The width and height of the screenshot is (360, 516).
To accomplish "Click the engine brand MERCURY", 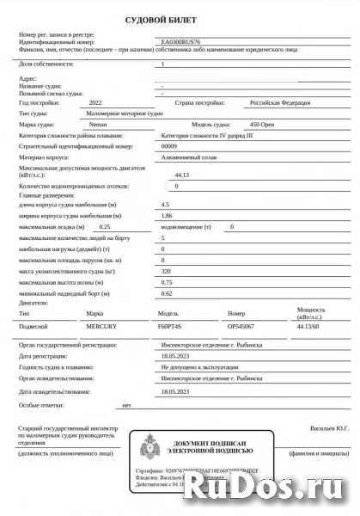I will click(102, 327).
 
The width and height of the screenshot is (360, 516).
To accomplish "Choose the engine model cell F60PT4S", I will click(171, 327).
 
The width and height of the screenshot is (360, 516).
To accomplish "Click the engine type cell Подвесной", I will click(34, 327).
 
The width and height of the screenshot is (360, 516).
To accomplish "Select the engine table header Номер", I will click(236, 313).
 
